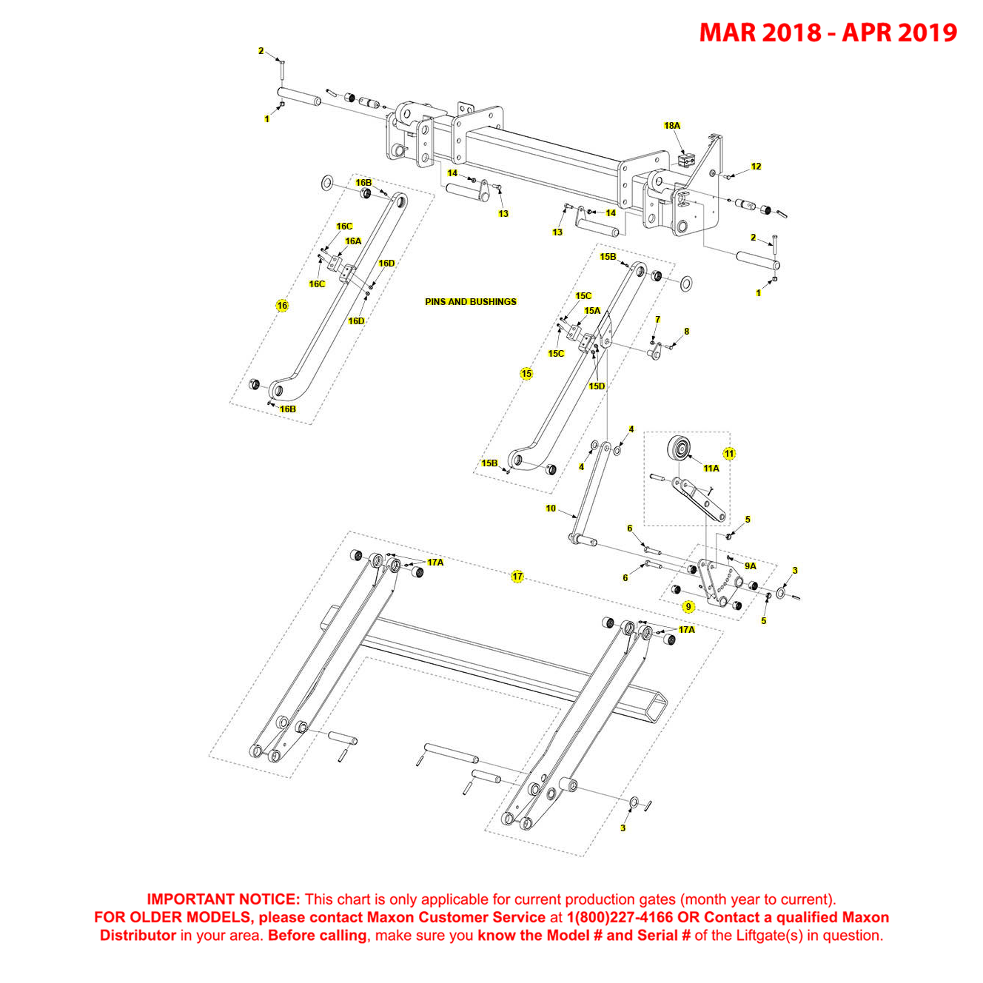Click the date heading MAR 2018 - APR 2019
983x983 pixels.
click(x=828, y=33)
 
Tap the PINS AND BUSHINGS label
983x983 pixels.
click(x=470, y=302)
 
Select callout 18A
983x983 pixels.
click(x=671, y=126)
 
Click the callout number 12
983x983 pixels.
click(x=756, y=167)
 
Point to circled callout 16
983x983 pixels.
click(x=282, y=306)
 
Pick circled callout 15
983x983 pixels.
click(x=526, y=374)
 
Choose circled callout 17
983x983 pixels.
click(x=517, y=577)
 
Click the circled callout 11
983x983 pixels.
click(x=729, y=454)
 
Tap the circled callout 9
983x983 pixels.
click(x=688, y=607)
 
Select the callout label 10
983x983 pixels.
click(x=551, y=509)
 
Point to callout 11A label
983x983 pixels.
click(x=711, y=469)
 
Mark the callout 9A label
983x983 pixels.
click(x=751, y=566)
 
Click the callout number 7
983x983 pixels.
click(x=657, y=320)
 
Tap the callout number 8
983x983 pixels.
click(x=686, y=332)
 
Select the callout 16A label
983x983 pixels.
click(x=353, y=241)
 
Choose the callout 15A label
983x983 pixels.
click(x=592, y=311)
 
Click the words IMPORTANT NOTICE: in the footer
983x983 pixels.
click(x=223, y=899)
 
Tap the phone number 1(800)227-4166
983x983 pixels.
click(x=620, y=917)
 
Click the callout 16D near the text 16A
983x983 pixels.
click(x=386, y=264)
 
